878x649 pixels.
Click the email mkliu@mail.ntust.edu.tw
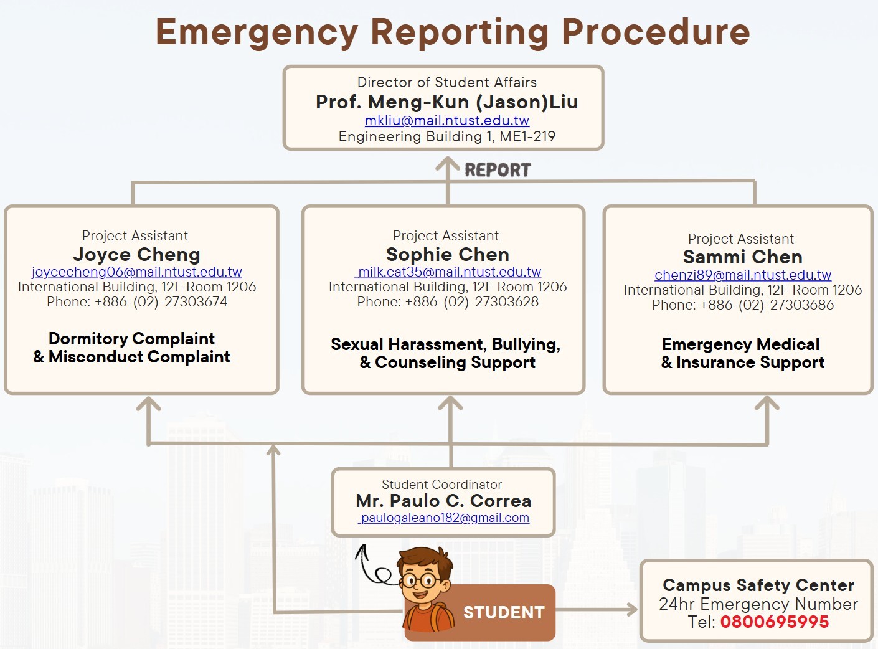tap(447, 120)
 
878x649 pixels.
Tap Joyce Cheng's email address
tap(136, 272)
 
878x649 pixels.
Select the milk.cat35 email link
tap(447, 272)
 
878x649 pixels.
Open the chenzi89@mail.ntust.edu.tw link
tap(743, 275)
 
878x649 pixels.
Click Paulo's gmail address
tap(443, 518)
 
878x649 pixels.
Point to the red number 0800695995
tap(774, 622)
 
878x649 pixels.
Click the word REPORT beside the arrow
tap(498, 170)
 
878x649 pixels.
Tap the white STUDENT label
tap(504, 612)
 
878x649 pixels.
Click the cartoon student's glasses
tap(420, 580)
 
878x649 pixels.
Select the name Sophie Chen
tap(447, 254)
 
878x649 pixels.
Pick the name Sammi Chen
tap(743, 257)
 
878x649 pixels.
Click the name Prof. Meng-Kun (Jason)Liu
tap(447, 102)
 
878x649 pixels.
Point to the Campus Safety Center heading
tap(758, 585)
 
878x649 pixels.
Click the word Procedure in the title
tap(656, 32)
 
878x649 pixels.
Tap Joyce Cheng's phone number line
tap(137, 301)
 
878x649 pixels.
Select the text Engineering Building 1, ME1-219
tap(447, 136)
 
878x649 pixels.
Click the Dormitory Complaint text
tap(131, 339)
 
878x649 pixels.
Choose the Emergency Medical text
tap(740, 344)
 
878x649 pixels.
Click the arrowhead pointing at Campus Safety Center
tap(631, 609)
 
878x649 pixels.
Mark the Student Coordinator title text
tap(441, 485)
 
